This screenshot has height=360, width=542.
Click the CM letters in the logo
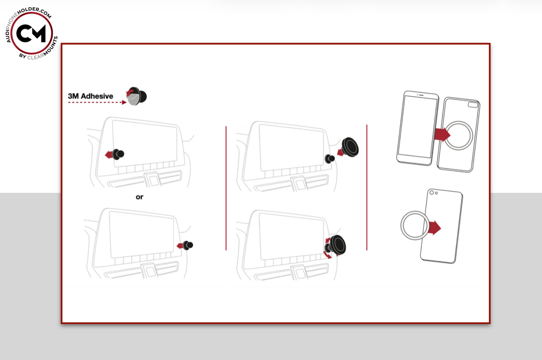pyautogui.click(x=31, y=33)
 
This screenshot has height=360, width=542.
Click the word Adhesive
pyautogui.click(x=97, y=96)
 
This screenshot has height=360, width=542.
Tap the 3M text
pyautogui.click(x=73, y=96)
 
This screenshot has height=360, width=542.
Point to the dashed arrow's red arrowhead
pyautogui.click(x=124, y=102)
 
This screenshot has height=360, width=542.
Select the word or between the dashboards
pyautogui.click(x=140, y=197)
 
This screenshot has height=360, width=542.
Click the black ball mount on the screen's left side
pyautogui.click(x=118, y=154)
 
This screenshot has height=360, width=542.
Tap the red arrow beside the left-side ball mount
pyautogui.click(x=109, y=155)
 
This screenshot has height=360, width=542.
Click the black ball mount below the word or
pyautogui.click(x=188, y=245)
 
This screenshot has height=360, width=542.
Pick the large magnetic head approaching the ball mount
pyautogui.click(x=350, y=147)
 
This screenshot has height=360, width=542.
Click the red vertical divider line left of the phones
pyautogui.click(x=367, y=187)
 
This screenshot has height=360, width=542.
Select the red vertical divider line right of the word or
pyautogui.click(x=226, y=188)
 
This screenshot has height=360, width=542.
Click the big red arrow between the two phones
pyautogui.click(x=442, y=135)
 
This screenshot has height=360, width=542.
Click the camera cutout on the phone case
pyautogui.click(x=473, y=105)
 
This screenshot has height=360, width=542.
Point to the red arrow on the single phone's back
pyautogui.click(x=434, y=227)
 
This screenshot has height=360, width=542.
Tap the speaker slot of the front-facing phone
pyautogui.click(x=421, y=95)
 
